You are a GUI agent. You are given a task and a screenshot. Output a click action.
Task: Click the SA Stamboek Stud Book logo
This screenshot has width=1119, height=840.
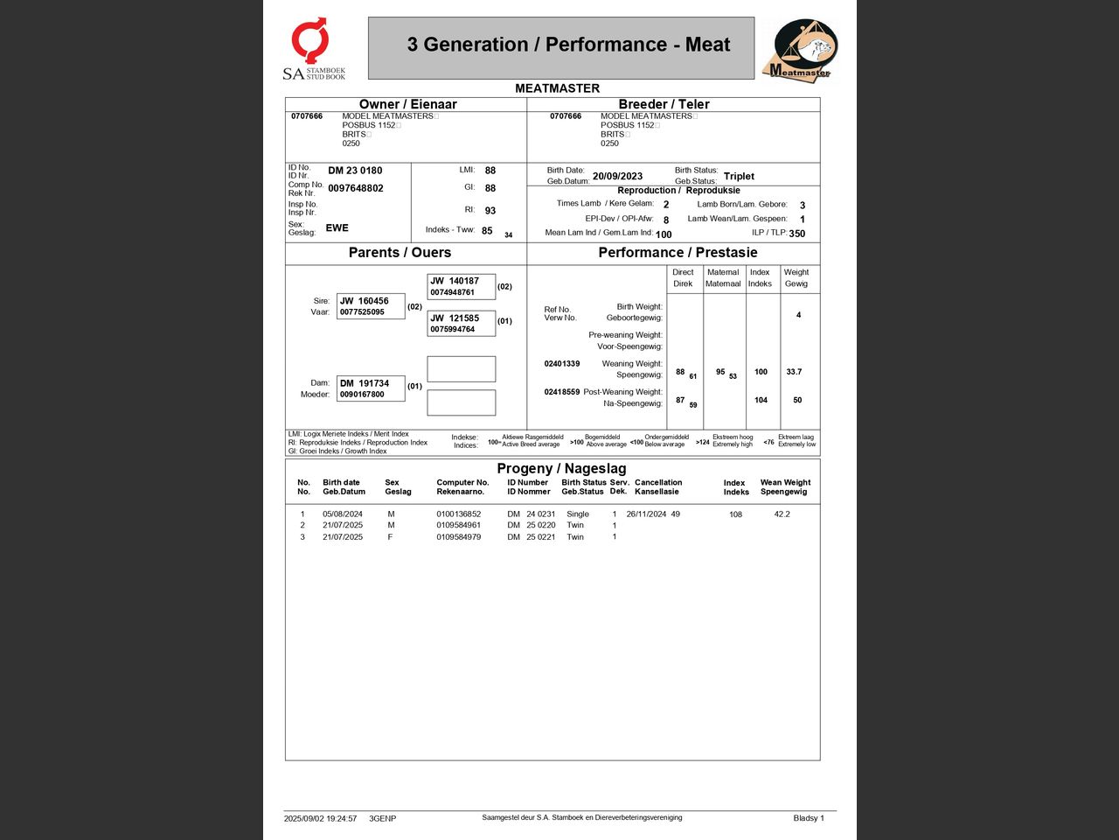313,49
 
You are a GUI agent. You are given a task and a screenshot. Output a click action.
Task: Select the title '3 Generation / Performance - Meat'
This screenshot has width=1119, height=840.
568,45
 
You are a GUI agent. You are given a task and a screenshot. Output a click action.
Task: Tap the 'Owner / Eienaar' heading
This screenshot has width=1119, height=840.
408,104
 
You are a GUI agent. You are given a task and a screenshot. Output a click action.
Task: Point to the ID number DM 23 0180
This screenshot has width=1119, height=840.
355,171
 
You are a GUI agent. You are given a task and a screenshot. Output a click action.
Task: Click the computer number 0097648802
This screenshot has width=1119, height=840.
356,188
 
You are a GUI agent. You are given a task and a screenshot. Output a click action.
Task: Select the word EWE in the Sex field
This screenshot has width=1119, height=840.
337,227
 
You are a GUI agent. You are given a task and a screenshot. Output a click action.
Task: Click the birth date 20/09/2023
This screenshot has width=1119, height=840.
617,176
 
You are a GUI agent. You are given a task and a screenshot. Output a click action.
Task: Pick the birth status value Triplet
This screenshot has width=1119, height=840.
739,176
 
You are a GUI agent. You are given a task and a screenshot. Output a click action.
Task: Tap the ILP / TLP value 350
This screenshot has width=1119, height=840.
796,234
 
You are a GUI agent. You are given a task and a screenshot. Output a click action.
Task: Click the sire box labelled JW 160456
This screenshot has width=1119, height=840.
371,306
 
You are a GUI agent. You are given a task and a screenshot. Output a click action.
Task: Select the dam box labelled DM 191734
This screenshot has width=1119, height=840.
371,388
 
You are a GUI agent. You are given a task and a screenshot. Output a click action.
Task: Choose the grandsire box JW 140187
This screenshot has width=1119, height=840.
461,286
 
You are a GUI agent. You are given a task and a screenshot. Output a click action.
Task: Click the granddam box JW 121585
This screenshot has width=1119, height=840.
461,324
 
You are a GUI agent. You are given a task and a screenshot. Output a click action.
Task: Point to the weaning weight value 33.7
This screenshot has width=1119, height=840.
794,372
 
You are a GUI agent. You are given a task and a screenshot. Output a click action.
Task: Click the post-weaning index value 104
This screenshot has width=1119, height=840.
761,400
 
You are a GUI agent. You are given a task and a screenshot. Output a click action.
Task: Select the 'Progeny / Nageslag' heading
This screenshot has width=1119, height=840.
561,468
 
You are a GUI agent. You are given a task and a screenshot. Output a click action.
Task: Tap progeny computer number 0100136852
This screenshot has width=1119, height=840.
459,514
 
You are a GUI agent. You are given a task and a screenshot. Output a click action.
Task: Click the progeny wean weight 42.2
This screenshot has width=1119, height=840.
782,514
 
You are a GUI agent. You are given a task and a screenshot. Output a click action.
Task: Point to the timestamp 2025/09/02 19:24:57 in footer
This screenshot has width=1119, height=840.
320,819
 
